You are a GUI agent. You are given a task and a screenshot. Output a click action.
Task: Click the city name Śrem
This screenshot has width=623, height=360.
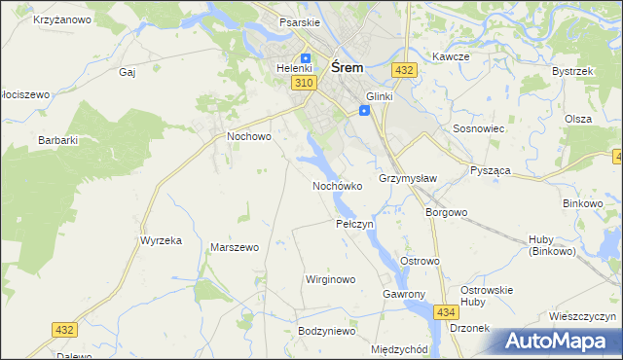pos(348,68)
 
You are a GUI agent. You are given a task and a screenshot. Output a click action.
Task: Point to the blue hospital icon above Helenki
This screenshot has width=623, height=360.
pos(306,57)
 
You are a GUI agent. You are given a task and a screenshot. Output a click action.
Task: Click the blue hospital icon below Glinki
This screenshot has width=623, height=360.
pos(364,111)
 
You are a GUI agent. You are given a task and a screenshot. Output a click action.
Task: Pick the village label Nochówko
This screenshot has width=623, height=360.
pos(338,185)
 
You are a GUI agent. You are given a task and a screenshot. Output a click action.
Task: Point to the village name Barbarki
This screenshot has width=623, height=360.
pos(57,140)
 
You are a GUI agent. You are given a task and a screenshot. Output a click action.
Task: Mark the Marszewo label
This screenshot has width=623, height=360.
pos(235,247)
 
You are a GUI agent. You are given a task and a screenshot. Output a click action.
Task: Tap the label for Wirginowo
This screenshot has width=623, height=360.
pos(331,279)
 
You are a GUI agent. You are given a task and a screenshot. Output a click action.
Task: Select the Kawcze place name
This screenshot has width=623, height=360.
pos(452,56)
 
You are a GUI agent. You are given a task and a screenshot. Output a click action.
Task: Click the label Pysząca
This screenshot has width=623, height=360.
pos(491,170)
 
